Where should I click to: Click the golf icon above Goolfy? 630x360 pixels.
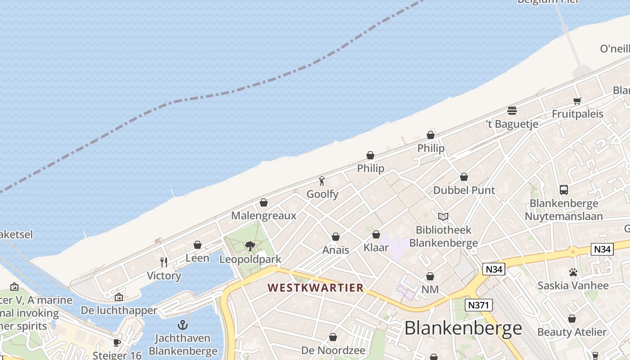click(x=322, y=181)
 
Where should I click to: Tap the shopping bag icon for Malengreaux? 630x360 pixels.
click(x=264, y=202)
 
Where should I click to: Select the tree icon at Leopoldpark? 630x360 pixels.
click(x=250, y=246)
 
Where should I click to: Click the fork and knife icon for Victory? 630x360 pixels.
click(x=164, y=262)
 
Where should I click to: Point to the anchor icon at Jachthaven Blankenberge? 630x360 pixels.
click(x=183, y=324)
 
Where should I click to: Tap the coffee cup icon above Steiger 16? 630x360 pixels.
click(x=117, y=342)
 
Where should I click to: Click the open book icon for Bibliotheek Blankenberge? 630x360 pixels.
click(x=443, y=217)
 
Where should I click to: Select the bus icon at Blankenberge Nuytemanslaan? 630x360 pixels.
click(x=564, y=190)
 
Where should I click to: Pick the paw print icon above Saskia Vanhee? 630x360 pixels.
click(x=573, y=272)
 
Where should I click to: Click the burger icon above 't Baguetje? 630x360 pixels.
click(x=512, y=110)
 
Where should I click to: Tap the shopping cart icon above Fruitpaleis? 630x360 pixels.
click(x=577, y=101)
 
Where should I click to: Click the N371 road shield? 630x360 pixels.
click(x=479, y=305)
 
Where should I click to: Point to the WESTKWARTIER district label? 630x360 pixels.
click(x=315, y=288)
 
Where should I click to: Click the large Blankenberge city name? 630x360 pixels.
click(x=463, y=328)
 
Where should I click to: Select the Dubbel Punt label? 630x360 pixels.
click(x=464, y=190)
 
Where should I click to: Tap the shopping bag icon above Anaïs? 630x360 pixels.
click(x=336, y=237)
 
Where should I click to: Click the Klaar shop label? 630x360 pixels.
click(x=376, y=247)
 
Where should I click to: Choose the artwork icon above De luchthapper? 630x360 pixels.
click(x=119, y=297)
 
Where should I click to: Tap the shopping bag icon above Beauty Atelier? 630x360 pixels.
click(x=572, y=319)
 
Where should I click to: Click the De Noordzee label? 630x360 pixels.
click(x=333, y=350)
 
